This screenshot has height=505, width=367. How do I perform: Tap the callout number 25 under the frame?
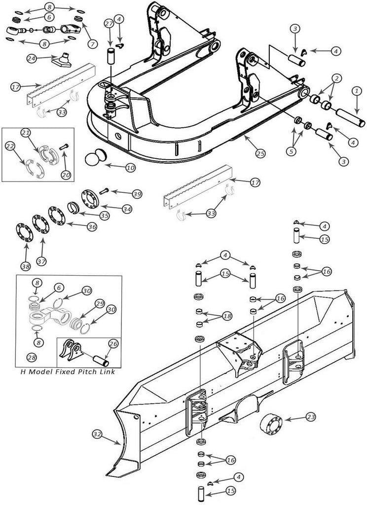[x=260, y=154]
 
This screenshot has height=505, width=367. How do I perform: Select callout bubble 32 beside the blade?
[x=97, y=434]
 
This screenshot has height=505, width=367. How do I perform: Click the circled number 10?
[x=131, y=168]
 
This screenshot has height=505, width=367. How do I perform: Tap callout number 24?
[x=32, y=58]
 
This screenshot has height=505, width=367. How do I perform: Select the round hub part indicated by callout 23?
[x=271, y=424]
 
